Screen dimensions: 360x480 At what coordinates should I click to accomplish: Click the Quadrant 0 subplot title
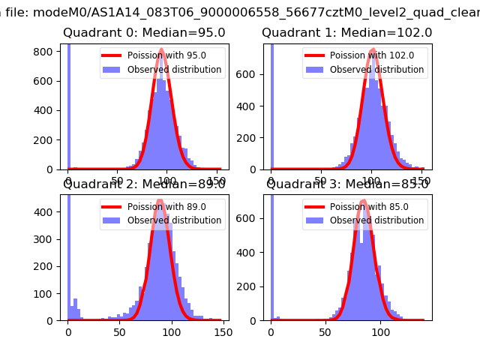pos(143,33)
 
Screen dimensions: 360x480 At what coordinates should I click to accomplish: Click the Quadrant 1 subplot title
pos(346,33)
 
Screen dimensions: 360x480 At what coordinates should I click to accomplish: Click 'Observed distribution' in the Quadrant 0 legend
pos(174,70)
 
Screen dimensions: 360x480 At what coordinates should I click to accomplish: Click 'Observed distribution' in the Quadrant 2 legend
pos(174,220)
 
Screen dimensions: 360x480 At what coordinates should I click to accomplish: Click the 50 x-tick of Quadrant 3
pos(326,330)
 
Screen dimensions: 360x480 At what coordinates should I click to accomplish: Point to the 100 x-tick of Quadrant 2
pos(171,330)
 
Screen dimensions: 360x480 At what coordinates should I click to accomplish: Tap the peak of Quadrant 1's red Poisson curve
pos(373,51)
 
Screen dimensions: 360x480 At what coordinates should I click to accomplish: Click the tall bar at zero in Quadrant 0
pos(69,105)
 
